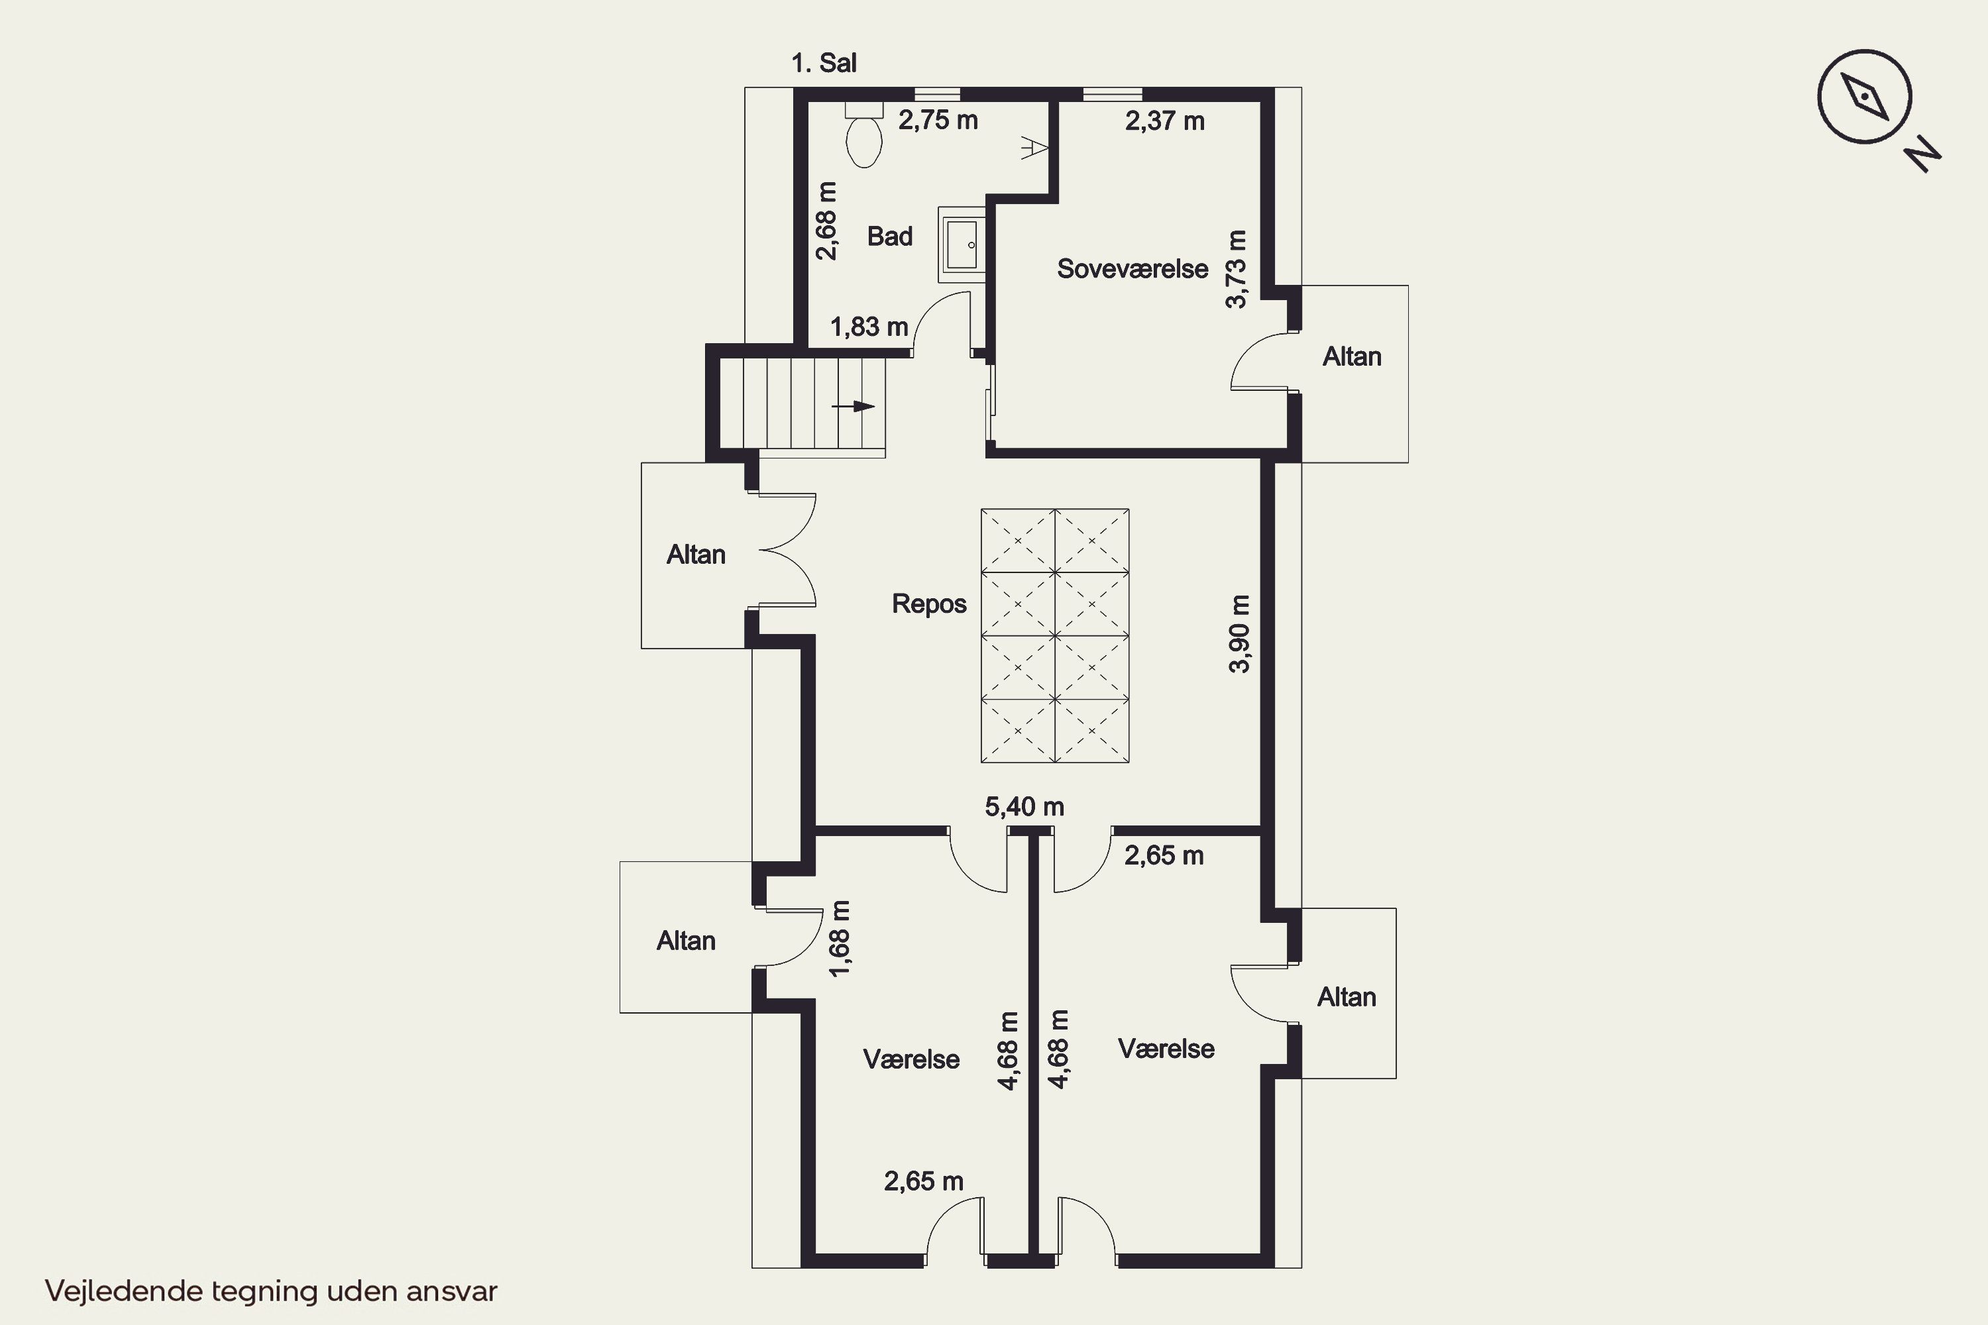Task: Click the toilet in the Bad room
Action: point(864,135)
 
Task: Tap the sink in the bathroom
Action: point(962,245)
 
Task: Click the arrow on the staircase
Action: point(853,407)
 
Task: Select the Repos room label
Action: point(929,604)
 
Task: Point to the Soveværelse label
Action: point(1132,269)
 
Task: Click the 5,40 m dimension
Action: point(1024,807)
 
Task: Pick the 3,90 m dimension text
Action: point(1239,634)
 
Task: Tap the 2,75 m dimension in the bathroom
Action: point(938,120)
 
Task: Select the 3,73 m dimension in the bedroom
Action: point(1236,269)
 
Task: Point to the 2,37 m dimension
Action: point(1165,121)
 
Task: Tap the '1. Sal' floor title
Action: point(824,62)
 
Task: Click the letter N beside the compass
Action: point(1923,154)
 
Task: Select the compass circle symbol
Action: point(1865,96)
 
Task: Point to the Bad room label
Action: point(890,237)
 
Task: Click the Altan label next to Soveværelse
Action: point(1353,356)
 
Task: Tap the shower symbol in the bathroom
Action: point(1034,148)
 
